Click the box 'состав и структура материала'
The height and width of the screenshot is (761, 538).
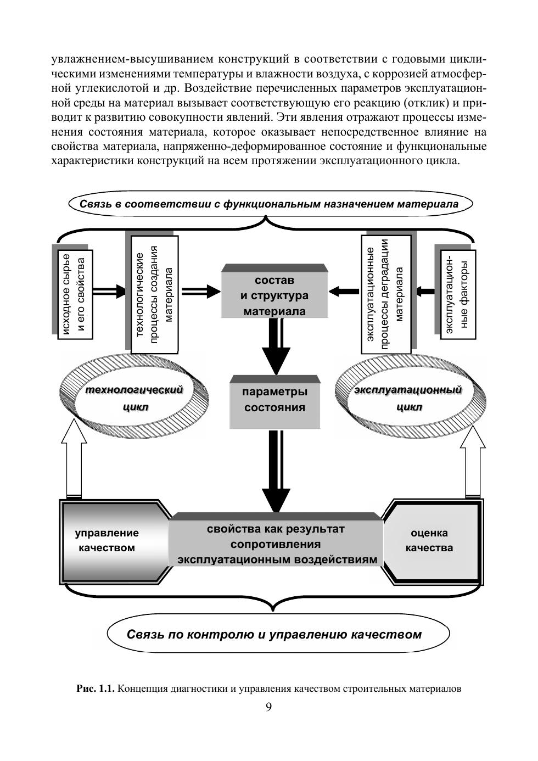(x=274, y=295)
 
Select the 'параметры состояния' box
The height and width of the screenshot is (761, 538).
(x=274, y=400)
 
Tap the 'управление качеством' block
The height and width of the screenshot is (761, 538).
(x=107, y=540)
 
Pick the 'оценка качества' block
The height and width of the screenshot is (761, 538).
(x=429, y=540)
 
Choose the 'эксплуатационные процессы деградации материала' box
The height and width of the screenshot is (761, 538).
(x=385, y=294)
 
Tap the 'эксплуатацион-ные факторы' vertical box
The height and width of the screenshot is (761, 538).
(x=457, y=294)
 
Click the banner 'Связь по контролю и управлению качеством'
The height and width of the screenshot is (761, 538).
(x=274, y=635)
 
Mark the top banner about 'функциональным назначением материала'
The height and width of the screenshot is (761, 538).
(x=269, y=204)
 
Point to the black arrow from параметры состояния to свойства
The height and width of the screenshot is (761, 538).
(x=275, y=469)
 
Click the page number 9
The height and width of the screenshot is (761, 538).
(x=268, y=707)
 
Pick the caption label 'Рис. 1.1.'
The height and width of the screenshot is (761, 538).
(x=94, y=689)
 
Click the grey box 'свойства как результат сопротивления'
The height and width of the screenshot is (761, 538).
(x=276, y=544)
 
